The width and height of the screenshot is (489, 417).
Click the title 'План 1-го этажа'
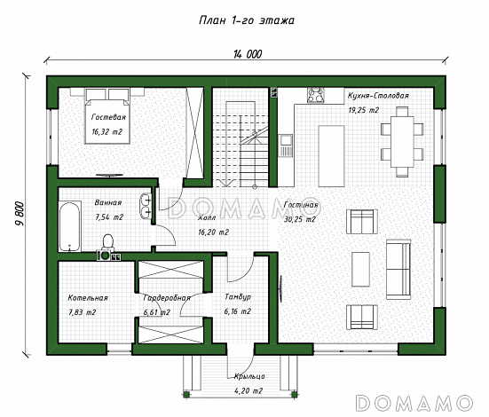point(247,20)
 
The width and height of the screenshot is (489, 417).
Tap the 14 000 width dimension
point(248,54)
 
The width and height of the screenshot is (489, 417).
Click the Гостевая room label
point(108,117)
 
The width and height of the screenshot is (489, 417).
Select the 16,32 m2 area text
point(107,131)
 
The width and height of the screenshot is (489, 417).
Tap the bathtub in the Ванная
point(69,227)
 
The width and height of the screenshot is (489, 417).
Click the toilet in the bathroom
point(107,242)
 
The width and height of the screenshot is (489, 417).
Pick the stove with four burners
point(316,95)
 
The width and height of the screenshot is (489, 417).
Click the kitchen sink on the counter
point(286,145)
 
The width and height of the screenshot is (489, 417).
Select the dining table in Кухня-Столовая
point(402,142)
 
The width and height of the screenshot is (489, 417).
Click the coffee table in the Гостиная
point(361,269)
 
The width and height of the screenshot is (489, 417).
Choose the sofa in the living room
point(398,269)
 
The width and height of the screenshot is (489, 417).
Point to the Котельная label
point(88,298)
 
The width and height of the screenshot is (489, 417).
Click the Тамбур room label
point(238,297)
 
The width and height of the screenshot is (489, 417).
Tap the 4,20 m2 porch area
point(248,390)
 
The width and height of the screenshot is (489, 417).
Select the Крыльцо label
point(249,376)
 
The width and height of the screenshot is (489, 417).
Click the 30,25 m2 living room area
point(300,219)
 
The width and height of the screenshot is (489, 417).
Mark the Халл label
point(207,217)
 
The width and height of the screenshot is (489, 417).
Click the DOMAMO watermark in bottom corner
point(414,403)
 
